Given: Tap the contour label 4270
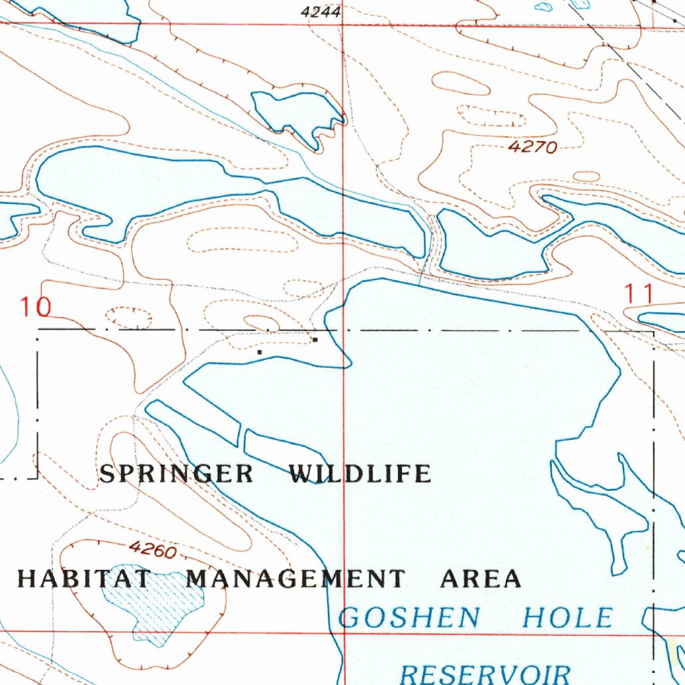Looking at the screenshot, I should [x=532, y=147].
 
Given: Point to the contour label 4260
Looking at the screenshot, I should [x=153, y=550].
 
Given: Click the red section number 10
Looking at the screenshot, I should [x=35, y=308].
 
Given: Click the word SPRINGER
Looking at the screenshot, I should [x=177, y=474].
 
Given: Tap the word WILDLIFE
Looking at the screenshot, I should [x=359, y=474].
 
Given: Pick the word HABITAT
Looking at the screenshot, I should [x=85, y=579].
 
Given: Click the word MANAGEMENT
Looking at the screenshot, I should [x=295, y=579].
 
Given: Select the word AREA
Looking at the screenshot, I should [x=480, y=579].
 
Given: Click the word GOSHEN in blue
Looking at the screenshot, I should [x=409, y=617].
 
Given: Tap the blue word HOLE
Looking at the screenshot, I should [x=567, y=617].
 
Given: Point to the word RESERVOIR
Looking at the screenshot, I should [x=485, y=672].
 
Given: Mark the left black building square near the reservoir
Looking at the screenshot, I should [x=260, y=351].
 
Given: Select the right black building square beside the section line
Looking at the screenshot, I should [x=315, y=340].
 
